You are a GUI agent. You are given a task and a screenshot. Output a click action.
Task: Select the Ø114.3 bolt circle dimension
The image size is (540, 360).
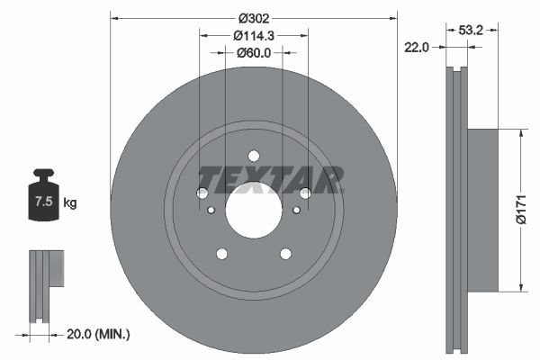coord(254,36)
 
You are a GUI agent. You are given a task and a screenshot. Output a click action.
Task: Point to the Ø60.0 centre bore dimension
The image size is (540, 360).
coord(254,53)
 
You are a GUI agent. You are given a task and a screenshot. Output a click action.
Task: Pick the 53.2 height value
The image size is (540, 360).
coord(472,30)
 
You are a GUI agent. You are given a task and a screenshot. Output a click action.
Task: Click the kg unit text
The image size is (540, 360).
coord(69,203)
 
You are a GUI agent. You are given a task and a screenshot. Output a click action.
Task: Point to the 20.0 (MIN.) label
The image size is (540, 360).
coord(99,334)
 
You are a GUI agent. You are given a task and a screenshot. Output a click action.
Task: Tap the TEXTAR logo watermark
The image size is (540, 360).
coord(270,179)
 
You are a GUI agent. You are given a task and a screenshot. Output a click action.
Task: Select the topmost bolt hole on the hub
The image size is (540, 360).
coord(253,155)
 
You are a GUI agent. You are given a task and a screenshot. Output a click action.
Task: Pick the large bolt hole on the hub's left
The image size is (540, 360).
coord(202,193)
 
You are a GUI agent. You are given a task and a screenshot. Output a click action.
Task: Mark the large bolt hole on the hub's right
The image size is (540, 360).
coord(305,193)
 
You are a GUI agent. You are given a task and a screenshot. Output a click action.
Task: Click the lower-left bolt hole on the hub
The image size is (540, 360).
coord(221,254)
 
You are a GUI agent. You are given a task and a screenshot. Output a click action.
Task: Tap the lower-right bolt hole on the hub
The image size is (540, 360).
coord(285,254)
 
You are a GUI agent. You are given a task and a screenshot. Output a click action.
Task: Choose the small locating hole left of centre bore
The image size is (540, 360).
coord(211,210)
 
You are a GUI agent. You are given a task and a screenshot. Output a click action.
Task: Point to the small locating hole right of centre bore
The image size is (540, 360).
coord(296,210)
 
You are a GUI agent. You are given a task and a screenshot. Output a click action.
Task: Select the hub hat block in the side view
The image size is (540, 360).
coord(481,209)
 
